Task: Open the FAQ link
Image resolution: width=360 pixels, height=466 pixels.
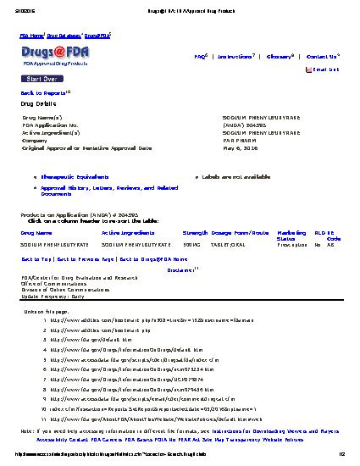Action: (x=200, y=56)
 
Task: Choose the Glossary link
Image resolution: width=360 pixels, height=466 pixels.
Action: (x=278, y=56)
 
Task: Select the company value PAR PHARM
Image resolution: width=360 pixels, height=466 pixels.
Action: (x=240, y=140)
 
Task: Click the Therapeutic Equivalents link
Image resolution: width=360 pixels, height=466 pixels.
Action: (x=70, y=176)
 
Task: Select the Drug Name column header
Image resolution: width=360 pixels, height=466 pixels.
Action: (x=36, y=231)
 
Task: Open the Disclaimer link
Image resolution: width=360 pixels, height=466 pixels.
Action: (x=180, y=269)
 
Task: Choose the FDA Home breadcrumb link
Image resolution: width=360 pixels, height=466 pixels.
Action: (x=31, y=36)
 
